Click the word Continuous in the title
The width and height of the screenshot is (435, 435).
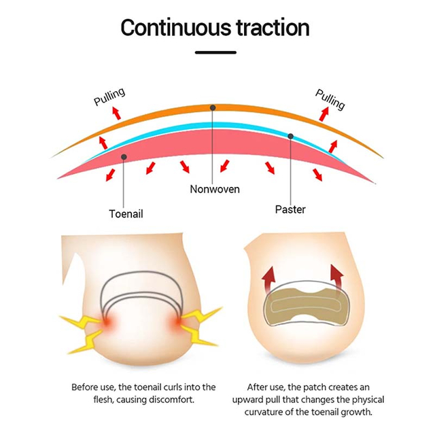pos(176,27)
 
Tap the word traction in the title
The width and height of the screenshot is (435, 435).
pos(273,27)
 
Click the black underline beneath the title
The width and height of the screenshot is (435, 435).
pos(215,52)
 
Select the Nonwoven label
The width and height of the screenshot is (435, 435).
pos(215,189)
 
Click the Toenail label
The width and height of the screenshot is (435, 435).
pos(126,214)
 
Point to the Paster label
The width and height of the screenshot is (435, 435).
pos(290,209)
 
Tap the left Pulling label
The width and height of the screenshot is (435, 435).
pos(109,97)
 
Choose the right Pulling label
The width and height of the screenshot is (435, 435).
pos(330,99)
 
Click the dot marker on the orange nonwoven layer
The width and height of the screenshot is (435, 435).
pos(213,107)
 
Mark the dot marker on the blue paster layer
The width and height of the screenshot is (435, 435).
pos(290,136)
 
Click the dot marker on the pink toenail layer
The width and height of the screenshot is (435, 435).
pos(124,157)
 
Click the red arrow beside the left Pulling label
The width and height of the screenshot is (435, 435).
pos(116,114)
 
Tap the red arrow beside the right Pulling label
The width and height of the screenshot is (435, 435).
pos(324,114)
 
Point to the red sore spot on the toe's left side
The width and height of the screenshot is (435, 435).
pos(107,322)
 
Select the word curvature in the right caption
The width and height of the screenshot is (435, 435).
pos(264,412)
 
